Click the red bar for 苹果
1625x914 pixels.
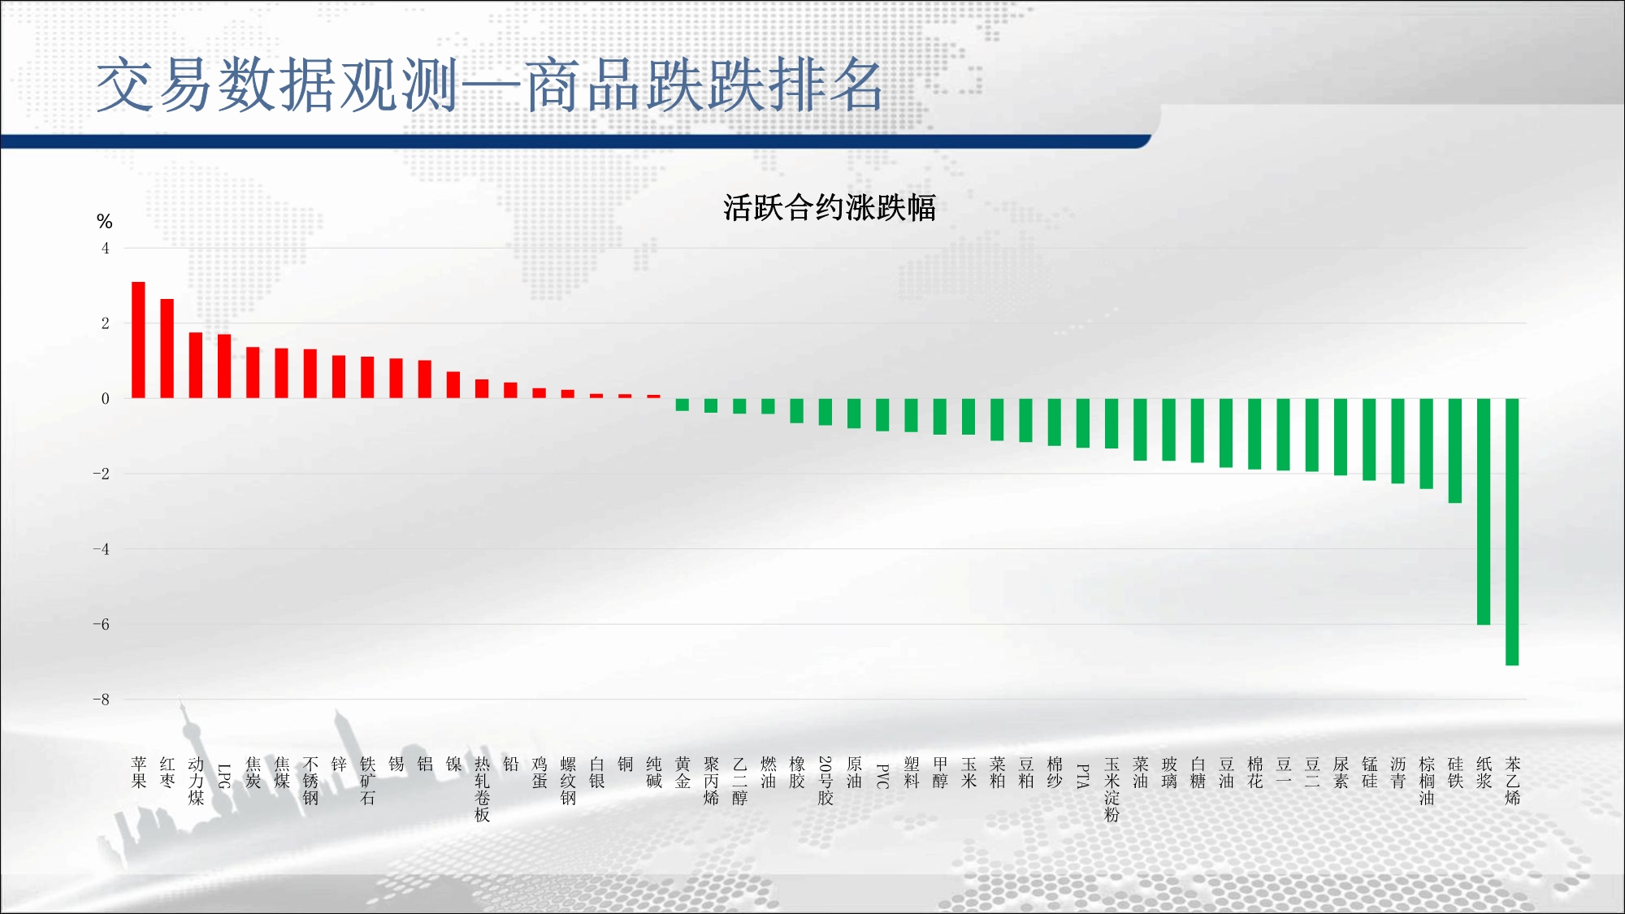click(138, 340)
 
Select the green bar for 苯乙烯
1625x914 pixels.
click(1512, 531)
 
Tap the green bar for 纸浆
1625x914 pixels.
click(1484, 511)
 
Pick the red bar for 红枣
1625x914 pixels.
click(167, 349)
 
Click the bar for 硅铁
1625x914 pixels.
click(1455, 450)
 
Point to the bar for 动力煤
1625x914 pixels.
click(196, 365)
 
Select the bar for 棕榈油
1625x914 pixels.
click(1427, 444)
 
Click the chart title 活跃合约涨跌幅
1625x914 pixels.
click(830, 208)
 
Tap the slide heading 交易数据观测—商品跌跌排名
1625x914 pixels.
click(489, 84)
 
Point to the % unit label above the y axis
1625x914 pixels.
click(104, 221)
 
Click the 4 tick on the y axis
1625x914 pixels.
click(105, 249)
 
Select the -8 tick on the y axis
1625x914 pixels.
click(101, 700)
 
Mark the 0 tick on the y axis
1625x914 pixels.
click(105, 399)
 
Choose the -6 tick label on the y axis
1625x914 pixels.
click(101, 625)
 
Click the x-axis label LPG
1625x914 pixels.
click(224, 776)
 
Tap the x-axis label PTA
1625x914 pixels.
click(1083, 776)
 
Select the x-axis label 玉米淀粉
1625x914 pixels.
click(1111, 789)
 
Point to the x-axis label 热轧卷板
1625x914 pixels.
click(482, 789)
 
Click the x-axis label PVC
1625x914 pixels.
click(882, 776)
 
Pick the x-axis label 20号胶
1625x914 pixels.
click(825, 781)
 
